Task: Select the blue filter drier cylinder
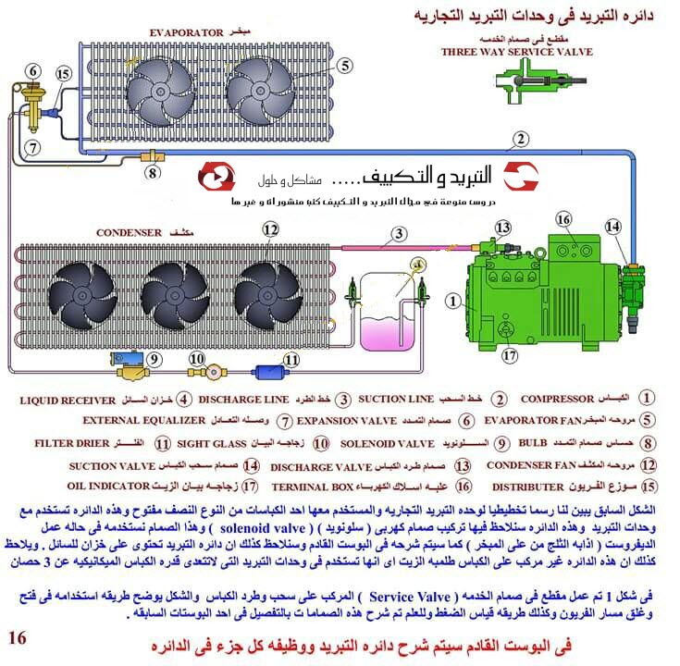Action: tap(275, 373)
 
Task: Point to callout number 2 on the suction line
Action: tap(521, 140)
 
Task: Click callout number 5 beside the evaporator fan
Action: tap(344, 66)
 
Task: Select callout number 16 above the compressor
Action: tap(564, 219)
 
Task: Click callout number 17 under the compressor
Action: tap(508, 352)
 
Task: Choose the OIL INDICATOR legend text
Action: tap(108, 486)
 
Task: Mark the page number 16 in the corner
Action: tap(18, 637)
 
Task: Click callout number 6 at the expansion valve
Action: tap(33, 70)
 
